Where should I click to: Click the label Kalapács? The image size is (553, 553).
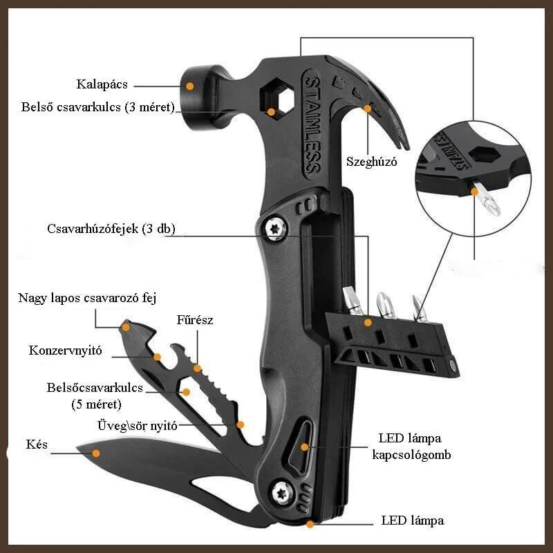[102, 84]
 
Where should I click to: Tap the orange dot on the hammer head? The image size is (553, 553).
[189, 86]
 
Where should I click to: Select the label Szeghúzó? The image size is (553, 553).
[371, 162]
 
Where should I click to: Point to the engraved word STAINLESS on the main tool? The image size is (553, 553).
[312, 125]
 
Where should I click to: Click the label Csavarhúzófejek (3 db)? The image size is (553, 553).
[111, 229]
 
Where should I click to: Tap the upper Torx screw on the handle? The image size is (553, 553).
[276, 229]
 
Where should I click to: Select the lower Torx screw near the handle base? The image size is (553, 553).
[282, 492]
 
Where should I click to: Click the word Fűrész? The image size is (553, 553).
[195, 320]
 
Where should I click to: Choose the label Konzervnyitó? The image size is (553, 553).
[65, 350]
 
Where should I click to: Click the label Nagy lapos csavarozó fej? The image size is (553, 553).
[87, 298]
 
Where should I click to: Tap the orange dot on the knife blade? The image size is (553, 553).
[95, 453]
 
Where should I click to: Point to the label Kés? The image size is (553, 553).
[37, 444]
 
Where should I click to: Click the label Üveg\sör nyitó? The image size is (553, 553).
[137, 426]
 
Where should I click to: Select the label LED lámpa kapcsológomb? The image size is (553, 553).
[411, 447]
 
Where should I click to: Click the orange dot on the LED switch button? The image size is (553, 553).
[304, 447]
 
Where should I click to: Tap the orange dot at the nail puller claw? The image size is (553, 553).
[368, 109]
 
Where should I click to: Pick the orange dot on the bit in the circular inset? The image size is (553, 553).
[475, 191]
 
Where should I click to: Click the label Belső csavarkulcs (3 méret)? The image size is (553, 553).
[97, 107]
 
